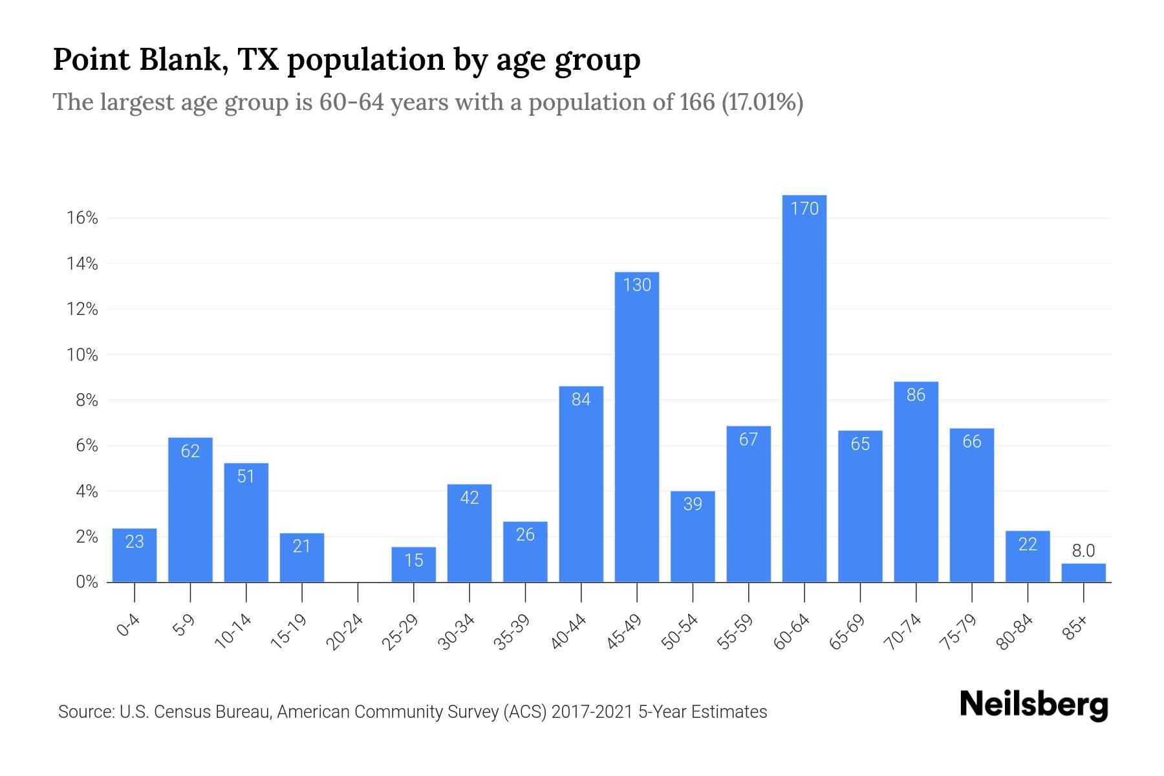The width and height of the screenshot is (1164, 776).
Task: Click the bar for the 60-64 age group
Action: tap(804, 388)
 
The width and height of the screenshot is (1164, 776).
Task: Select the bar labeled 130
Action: tap(636, 427)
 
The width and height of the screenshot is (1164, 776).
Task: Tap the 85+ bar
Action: tap(1083, 573)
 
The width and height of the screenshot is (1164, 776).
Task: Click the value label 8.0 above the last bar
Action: tap(1083, 551)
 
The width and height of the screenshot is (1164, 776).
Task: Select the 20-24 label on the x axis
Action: tap(345, 632)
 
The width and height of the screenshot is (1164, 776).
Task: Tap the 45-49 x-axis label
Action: tap(625, 632)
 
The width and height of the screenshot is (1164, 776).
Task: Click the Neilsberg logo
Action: tap(1033, 705)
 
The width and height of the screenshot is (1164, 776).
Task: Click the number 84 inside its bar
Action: tap(581, 400)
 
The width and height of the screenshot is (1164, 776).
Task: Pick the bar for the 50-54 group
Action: tap(693, 537)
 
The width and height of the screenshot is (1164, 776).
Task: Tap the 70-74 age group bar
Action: tap(916, 482)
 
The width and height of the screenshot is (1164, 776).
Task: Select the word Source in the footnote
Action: tap(85, 712)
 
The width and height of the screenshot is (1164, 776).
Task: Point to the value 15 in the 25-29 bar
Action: tap(414, 560)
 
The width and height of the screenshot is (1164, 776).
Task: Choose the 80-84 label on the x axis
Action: tap(1015, 632)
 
